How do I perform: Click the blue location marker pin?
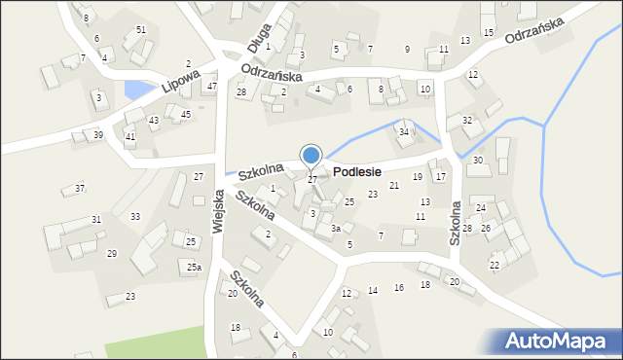(311, 156)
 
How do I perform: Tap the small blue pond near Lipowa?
(138, 90)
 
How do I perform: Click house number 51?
(141, 30)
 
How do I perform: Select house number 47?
(211, 87)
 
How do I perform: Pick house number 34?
(404, 131)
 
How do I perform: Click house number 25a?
(195, 267)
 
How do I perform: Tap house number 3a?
(335, 229)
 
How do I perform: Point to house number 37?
(80, 188)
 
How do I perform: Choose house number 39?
(98, 134)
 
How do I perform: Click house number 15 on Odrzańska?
(488, 33)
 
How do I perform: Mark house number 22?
(495, 265)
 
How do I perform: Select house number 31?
(96, 220)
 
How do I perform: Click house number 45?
(186, 114)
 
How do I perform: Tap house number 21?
(394, 185)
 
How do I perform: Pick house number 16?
(398, 287)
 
